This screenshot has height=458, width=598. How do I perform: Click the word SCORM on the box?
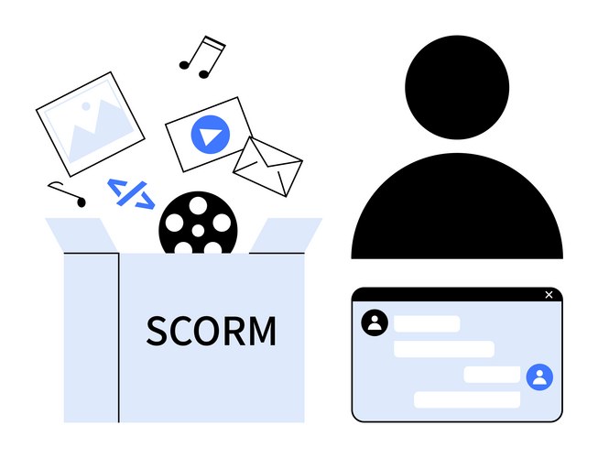212,331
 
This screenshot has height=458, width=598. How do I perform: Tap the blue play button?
210,135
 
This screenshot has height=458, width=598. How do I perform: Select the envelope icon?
267,167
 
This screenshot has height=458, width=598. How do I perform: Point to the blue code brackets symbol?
131,194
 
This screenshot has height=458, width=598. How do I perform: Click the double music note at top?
202,57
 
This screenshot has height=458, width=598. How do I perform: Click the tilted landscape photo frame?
91,125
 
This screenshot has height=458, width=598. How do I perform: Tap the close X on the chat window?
549,295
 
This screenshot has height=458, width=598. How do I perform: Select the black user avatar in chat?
375,322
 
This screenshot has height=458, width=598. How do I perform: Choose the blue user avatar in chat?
539,377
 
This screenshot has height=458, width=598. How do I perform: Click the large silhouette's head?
457,87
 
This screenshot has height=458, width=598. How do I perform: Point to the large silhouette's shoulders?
457,206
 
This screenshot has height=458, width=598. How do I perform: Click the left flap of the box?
82,234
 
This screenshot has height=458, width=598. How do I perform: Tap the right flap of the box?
286,234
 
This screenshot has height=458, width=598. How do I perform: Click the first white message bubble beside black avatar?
427,323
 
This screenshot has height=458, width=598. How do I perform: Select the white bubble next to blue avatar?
492,375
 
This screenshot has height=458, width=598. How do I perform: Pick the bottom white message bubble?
467,399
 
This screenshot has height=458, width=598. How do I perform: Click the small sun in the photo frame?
86,106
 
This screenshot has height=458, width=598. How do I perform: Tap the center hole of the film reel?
198,231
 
